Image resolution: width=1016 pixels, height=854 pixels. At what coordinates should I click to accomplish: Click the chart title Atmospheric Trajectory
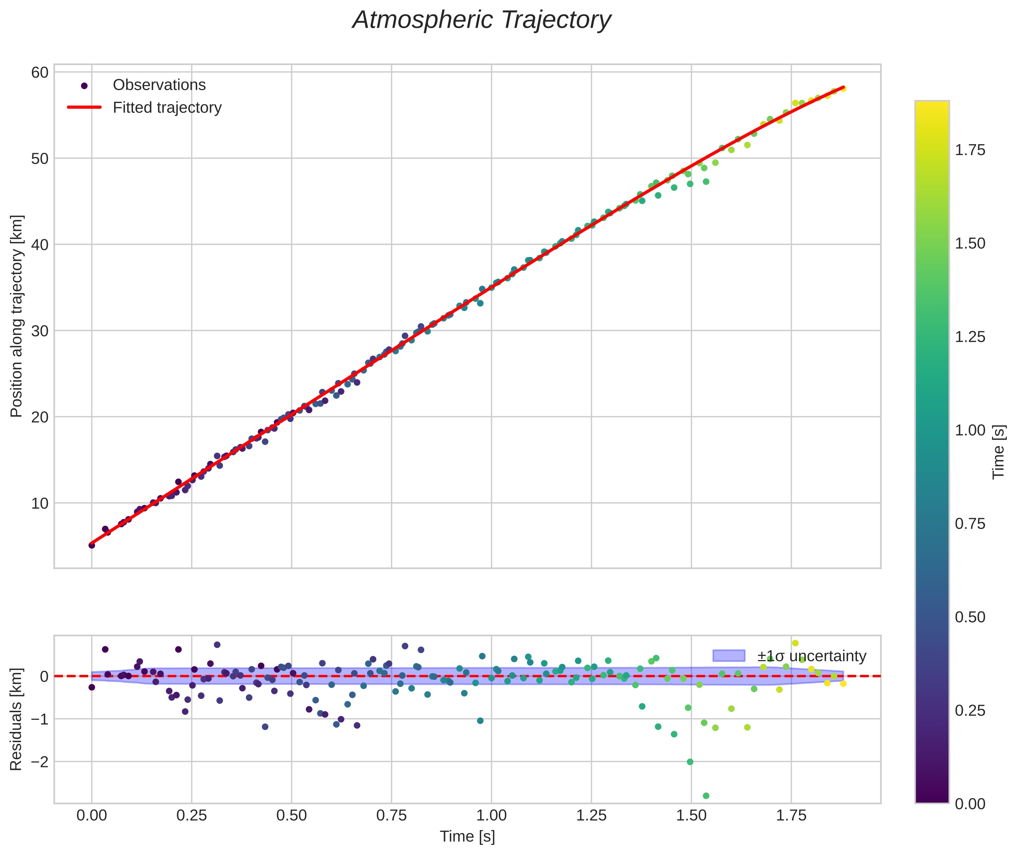pyautogui.click(x=481, y=20)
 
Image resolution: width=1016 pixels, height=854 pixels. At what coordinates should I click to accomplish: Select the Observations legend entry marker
pyautogui.click(x=84, y=86)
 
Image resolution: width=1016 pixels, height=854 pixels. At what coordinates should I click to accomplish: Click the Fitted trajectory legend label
pyautogui.click(x=167, y=108)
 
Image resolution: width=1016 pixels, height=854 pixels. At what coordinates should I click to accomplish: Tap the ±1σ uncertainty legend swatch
pyautogui.click(x=729, y=656)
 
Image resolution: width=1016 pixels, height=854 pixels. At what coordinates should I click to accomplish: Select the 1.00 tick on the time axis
pyautogui.click(x=491, y=815)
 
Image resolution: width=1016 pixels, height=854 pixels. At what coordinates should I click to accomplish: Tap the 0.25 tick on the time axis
pyautogui.click(x=192, y=815)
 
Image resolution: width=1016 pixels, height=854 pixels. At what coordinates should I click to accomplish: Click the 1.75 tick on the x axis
pyautogui.click(x=791, y=815)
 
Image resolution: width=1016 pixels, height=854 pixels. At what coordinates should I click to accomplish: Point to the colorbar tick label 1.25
pyautogui.click(x=970, y=337)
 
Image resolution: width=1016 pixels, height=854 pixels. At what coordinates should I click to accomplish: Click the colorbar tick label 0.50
pyautogui.click(x=970, y=617)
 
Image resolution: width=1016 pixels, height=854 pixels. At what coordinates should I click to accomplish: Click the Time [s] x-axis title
pyautogui.click(x=467, y=837)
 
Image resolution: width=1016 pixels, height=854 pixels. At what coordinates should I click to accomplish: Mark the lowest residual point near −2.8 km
pyautogui.click(x=706, y=796)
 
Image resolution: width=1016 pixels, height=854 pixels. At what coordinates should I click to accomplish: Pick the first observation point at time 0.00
pyautogui.click(x=92, y=545)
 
